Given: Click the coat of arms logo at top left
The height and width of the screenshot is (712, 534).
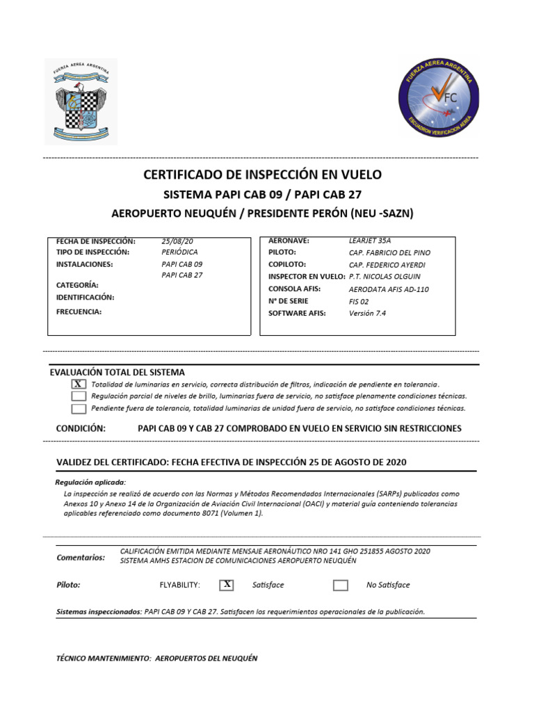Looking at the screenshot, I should pos(81,102).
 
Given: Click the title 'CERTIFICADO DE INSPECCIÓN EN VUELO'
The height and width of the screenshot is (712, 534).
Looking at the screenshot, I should pos(262,175).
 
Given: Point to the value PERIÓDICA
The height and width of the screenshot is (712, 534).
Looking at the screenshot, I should pos(179,252).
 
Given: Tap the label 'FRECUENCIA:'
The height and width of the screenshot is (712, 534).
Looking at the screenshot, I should pos(79,311).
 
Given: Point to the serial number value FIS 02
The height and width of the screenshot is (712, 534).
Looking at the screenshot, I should pos(359,301).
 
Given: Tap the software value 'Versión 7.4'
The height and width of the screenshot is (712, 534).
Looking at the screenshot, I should pos(367,313).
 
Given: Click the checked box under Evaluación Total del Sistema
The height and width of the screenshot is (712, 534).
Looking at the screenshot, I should pos(79,385).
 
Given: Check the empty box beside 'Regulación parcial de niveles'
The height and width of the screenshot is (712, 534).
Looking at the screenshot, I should pos(79,396).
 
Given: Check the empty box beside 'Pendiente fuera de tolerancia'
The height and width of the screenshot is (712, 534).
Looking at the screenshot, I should pos(79,408).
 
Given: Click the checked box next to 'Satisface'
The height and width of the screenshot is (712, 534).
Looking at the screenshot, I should pos(227,585).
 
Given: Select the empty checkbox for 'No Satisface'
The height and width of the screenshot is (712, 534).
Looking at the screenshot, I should pos(340,585).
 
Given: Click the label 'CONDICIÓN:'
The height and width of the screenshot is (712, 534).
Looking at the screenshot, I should pos(81,428).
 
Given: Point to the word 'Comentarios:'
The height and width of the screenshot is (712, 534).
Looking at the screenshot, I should pos(80,557).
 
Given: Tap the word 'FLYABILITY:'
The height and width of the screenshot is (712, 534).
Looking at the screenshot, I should pos(179,585).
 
